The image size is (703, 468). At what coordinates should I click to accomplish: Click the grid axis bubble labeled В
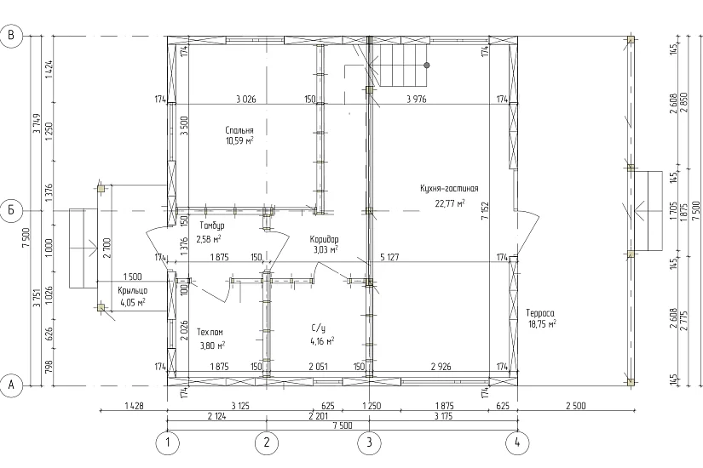(x=12, y=35)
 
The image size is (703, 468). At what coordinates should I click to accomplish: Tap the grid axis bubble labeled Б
(x=12, y=210)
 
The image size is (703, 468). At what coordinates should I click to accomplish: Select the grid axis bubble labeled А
(x=12, y=385)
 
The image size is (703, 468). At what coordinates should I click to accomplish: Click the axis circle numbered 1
(x=167, y=443)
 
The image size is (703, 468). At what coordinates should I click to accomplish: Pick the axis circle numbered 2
(x=267, y=443)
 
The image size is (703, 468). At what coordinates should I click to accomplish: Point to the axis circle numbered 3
(x=369, y=443)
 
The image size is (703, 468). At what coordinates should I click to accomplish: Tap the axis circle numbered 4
(x=517, y=443)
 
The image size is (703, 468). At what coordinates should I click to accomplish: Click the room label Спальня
(x=239, y=130)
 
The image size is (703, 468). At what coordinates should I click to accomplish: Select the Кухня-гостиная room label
(x=449, y=188)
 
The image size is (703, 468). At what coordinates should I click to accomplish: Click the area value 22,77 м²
(x=450, y=203)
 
